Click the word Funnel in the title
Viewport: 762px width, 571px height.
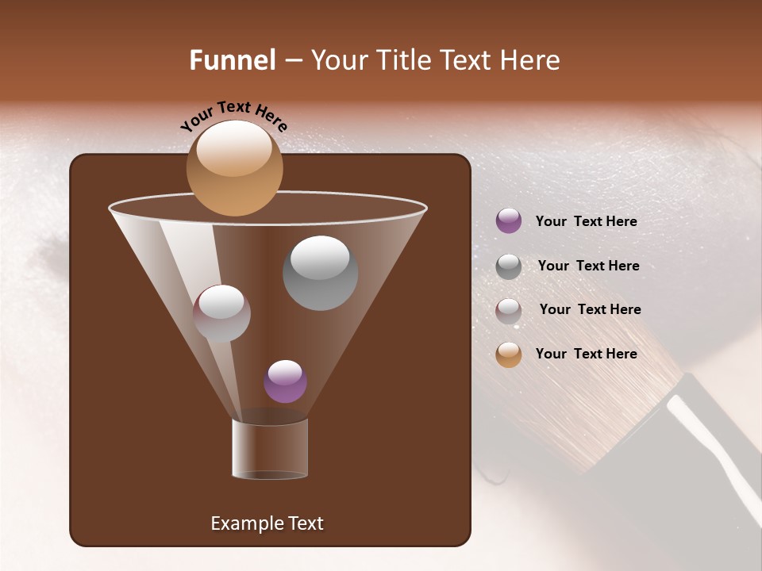click(232, 60)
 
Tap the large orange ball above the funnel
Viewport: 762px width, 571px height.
click(234, 167)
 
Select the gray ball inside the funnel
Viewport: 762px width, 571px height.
click(320, 273)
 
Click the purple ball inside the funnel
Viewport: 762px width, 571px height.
click(285, 381)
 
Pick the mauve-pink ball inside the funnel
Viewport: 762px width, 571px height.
click(221, 313)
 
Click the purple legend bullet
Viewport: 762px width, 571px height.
click(509, 221)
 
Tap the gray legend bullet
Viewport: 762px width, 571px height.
click(509, 266)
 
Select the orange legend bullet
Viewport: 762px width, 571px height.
click(509, 354)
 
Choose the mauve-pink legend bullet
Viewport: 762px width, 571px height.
click(509, 311)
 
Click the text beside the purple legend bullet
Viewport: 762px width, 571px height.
click(586, 222)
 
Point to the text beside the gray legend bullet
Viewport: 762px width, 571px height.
click(588, 266)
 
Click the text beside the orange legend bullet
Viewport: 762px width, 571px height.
click(586, 354)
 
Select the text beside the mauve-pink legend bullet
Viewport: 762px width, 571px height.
click(590, 309)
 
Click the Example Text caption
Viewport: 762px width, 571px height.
click(267, 523)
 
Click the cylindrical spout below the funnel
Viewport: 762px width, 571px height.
click(270, 449)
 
